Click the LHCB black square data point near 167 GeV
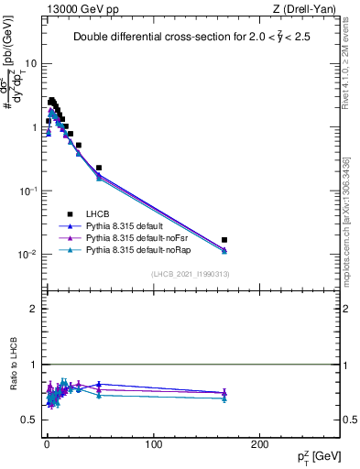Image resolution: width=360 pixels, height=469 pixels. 224,240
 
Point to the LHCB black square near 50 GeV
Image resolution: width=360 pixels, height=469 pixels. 99,168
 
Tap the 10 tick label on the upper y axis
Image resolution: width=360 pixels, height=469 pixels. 31,64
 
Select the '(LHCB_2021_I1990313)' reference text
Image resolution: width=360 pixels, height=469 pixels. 190,274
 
